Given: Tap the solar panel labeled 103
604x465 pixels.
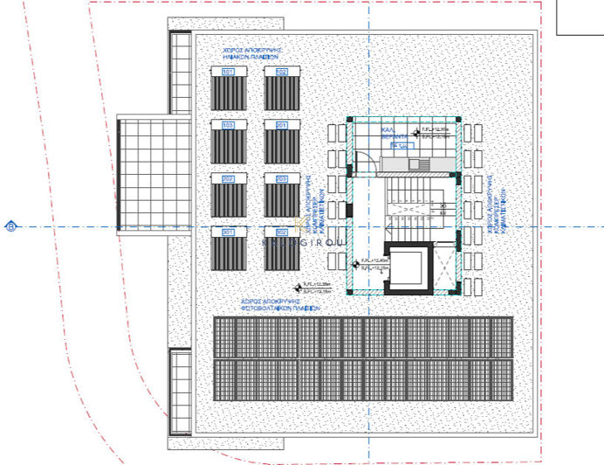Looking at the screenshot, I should pyautogui.click(x=229, y=142).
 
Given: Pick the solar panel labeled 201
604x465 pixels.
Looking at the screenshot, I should pyautogui.click(x=282, y=142).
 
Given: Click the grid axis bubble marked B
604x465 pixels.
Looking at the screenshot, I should pyautogui.click(x=11, y=227).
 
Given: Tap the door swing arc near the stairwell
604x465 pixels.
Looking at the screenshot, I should pyautogui.click(x=366, y=163).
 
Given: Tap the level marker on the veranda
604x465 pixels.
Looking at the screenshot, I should pyautogui.click(x=415, y=133).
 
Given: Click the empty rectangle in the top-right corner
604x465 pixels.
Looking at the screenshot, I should pyautogui.click(x=580, y=17).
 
